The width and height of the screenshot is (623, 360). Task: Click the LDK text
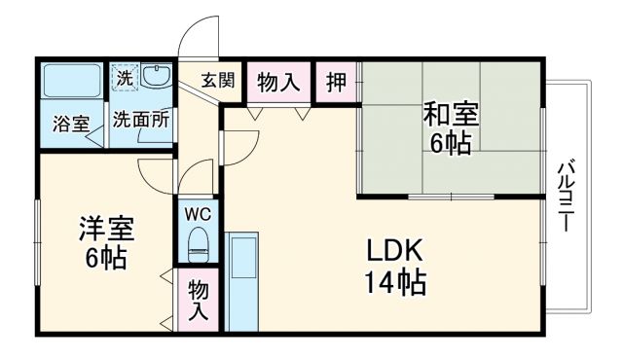pos(396,250)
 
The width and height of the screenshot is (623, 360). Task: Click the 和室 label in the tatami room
pos(450,114)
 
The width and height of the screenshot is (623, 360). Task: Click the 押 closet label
pos(336,83)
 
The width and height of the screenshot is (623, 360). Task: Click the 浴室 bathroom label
pos(71,124)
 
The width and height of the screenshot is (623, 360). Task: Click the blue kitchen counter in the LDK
pos(241,282)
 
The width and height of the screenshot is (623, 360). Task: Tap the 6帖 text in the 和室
pos(450,144)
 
